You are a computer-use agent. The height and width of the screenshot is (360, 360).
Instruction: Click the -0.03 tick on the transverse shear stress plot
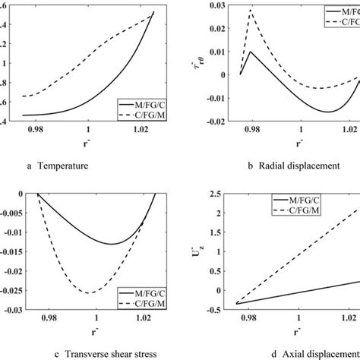click(x=15, y=309)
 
